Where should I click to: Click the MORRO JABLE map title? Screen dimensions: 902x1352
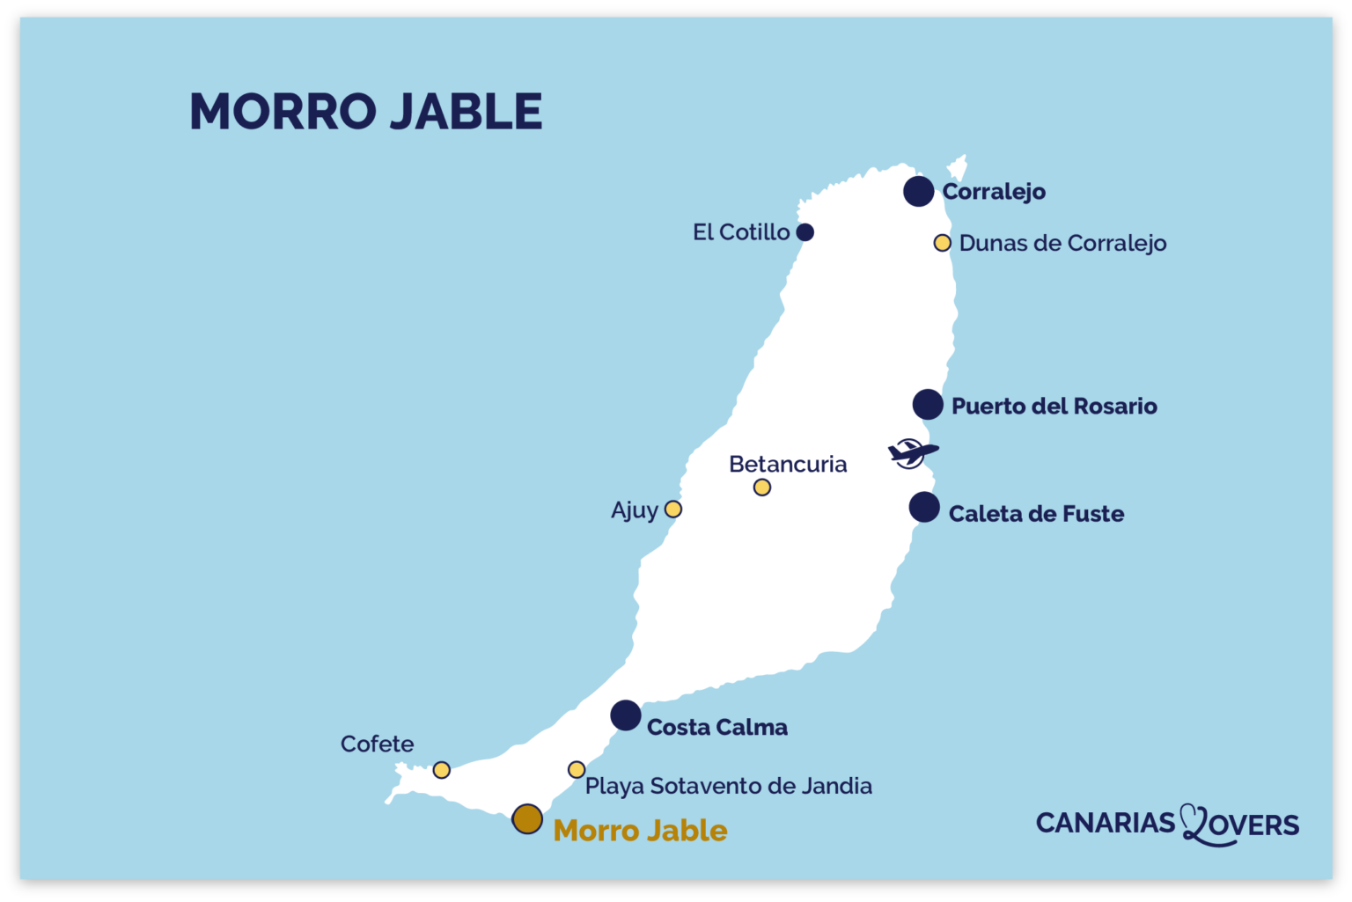365,112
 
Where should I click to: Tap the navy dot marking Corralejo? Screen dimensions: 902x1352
918,191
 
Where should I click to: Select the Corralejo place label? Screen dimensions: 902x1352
994,192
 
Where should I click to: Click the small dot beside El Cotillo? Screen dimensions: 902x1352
805,232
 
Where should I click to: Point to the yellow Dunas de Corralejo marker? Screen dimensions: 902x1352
942,243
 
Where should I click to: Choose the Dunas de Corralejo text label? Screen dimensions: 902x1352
1062,244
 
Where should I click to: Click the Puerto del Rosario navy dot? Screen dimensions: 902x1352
927,405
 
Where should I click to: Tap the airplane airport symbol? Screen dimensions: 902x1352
911,453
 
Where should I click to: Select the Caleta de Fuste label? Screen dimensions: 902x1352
1036,514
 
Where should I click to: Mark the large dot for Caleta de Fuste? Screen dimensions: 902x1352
923,507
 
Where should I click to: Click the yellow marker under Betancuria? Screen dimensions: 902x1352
762,488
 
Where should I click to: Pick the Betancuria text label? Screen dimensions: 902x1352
788,464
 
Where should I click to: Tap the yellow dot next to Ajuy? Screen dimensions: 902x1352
672,510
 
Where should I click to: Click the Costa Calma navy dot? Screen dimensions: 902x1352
626,715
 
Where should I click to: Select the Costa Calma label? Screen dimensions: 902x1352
716,728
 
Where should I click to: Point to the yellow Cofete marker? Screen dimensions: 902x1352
442,770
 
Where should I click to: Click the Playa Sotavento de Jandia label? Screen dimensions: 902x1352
728,786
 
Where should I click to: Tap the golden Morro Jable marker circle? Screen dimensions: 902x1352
527,819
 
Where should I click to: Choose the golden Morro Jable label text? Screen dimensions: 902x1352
640,831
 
